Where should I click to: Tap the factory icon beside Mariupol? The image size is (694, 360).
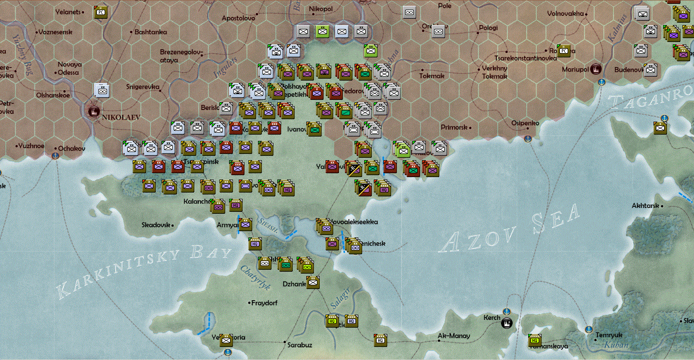596,69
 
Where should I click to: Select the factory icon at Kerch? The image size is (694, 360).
506,322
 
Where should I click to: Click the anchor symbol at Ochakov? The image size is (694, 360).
55,155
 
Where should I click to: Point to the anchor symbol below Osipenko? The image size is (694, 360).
528,139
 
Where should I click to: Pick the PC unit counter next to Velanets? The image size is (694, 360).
100,13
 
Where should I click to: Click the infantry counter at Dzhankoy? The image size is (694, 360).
313,283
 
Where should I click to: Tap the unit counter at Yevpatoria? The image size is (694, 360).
226,340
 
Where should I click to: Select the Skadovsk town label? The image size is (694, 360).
156,225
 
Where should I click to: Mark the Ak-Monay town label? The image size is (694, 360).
453,336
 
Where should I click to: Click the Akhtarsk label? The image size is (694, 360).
645,206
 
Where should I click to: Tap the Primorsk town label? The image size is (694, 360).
454,127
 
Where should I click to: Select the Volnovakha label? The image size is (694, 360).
565,14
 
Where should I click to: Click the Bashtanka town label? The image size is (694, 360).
150,32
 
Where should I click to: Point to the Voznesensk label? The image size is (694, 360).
56,32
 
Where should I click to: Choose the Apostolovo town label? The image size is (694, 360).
238,18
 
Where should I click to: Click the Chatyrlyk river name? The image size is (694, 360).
255,278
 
